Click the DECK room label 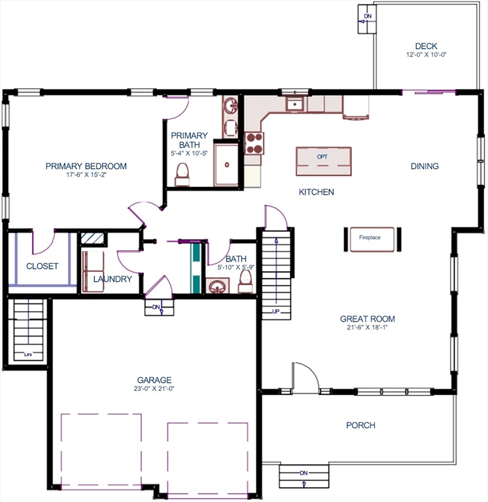pos(426,46)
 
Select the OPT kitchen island pos(322,161)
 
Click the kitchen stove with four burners pos(254,143)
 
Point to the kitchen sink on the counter pos(295,103)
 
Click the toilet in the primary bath pos(183,175)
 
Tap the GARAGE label pos(154,380)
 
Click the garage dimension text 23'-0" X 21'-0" pos(154,388)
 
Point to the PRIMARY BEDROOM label pos(86,166)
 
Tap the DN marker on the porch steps pos(304,473)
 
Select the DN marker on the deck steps pos(368,16)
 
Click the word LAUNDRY pos(113,279)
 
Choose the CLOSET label pos(42,266)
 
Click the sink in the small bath pos(217,286)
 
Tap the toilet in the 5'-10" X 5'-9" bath pos(245,281)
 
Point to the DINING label pos(425,166)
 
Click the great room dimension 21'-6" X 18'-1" pos(367,327)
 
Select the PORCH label pos(360,426)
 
